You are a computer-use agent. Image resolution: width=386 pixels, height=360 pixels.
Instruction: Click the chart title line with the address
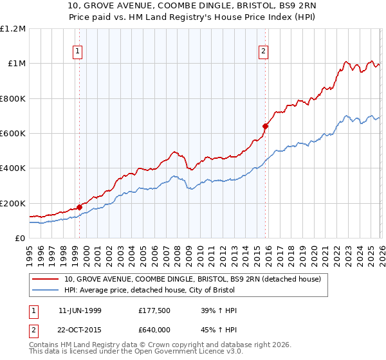[x=193, y=8]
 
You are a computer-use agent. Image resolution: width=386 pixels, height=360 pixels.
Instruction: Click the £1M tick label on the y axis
[x=15, y=63]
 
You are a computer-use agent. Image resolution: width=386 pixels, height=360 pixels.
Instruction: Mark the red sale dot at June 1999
[x=80, y=207]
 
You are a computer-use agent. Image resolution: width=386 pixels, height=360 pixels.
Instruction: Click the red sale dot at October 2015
[x=265, y=126]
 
